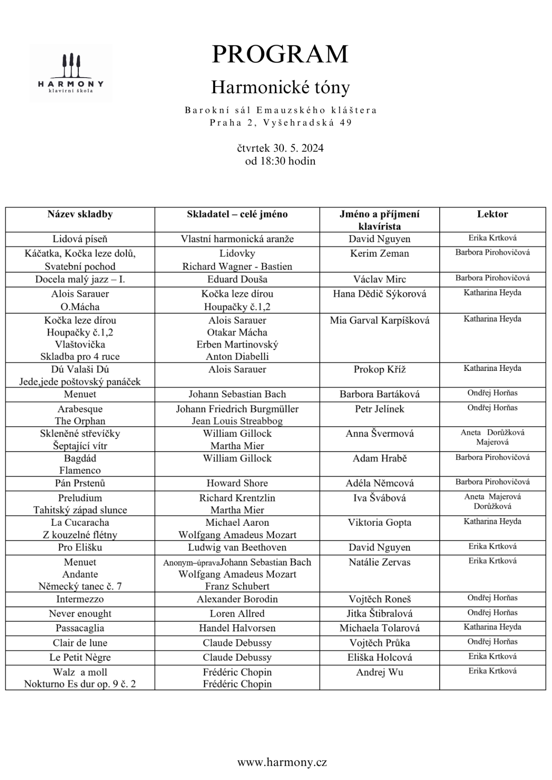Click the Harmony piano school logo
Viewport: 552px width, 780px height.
click(71, 73)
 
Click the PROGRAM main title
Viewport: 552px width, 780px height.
click(280, 54)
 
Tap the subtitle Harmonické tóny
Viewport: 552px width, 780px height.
click(280, 87)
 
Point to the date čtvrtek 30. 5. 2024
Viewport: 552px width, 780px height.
click(280, 148)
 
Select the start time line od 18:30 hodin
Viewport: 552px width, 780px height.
click(280, 161)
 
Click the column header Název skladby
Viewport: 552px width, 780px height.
click(80, 214)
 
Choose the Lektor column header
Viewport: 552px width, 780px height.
click(492, 214)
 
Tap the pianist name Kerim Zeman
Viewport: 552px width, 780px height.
click(380, 253)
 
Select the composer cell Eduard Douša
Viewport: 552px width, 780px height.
click(237, 279)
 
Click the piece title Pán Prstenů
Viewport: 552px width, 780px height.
click(80, 483)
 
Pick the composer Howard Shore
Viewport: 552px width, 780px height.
click(237, 483)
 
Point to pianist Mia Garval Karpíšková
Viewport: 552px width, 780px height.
click(380, 321)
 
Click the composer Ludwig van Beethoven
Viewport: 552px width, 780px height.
click(237, 548)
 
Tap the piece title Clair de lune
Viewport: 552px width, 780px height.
click(80, 643)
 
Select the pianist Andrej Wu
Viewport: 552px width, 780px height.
click(380, 672)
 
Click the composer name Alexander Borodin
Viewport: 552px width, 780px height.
click(237, 599)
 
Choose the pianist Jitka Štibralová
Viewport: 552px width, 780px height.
click(380, 614)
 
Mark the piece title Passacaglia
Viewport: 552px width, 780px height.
click(80, 628)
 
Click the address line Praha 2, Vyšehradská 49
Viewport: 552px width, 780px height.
click(280, 123)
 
